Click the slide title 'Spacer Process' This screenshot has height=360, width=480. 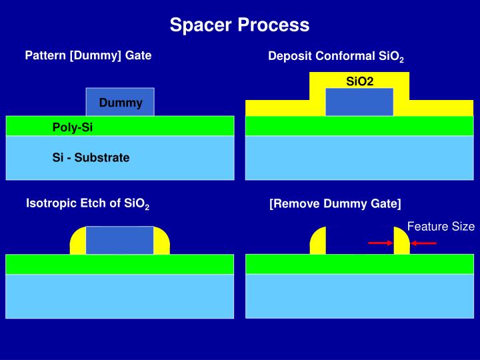coord(239,25)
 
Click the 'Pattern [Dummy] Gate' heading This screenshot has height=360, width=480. coord(88,55)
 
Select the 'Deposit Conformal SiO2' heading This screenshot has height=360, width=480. coord(336,57)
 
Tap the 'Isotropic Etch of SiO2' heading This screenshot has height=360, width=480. coord(87,204)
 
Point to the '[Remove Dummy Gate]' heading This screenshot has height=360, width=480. coord(335,203)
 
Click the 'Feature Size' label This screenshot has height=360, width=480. coord(441,227)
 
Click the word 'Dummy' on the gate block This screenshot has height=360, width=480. coord(121,103)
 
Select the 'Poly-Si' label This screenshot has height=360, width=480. coord(73,127)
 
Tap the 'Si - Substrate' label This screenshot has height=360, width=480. coord(91,158)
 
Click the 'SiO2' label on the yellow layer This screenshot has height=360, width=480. coord(359,81)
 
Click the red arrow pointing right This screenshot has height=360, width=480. coord(381,243)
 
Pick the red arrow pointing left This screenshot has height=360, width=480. coord(423,243)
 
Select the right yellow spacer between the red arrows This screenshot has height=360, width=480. coord(401,242)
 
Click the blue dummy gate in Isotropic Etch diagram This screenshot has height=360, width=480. coord(120,240)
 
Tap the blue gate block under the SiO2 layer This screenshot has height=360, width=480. coord(359,102)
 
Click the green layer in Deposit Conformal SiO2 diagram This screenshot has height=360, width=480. coord(359,125)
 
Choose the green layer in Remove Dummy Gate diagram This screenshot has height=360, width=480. coord(359,264)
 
